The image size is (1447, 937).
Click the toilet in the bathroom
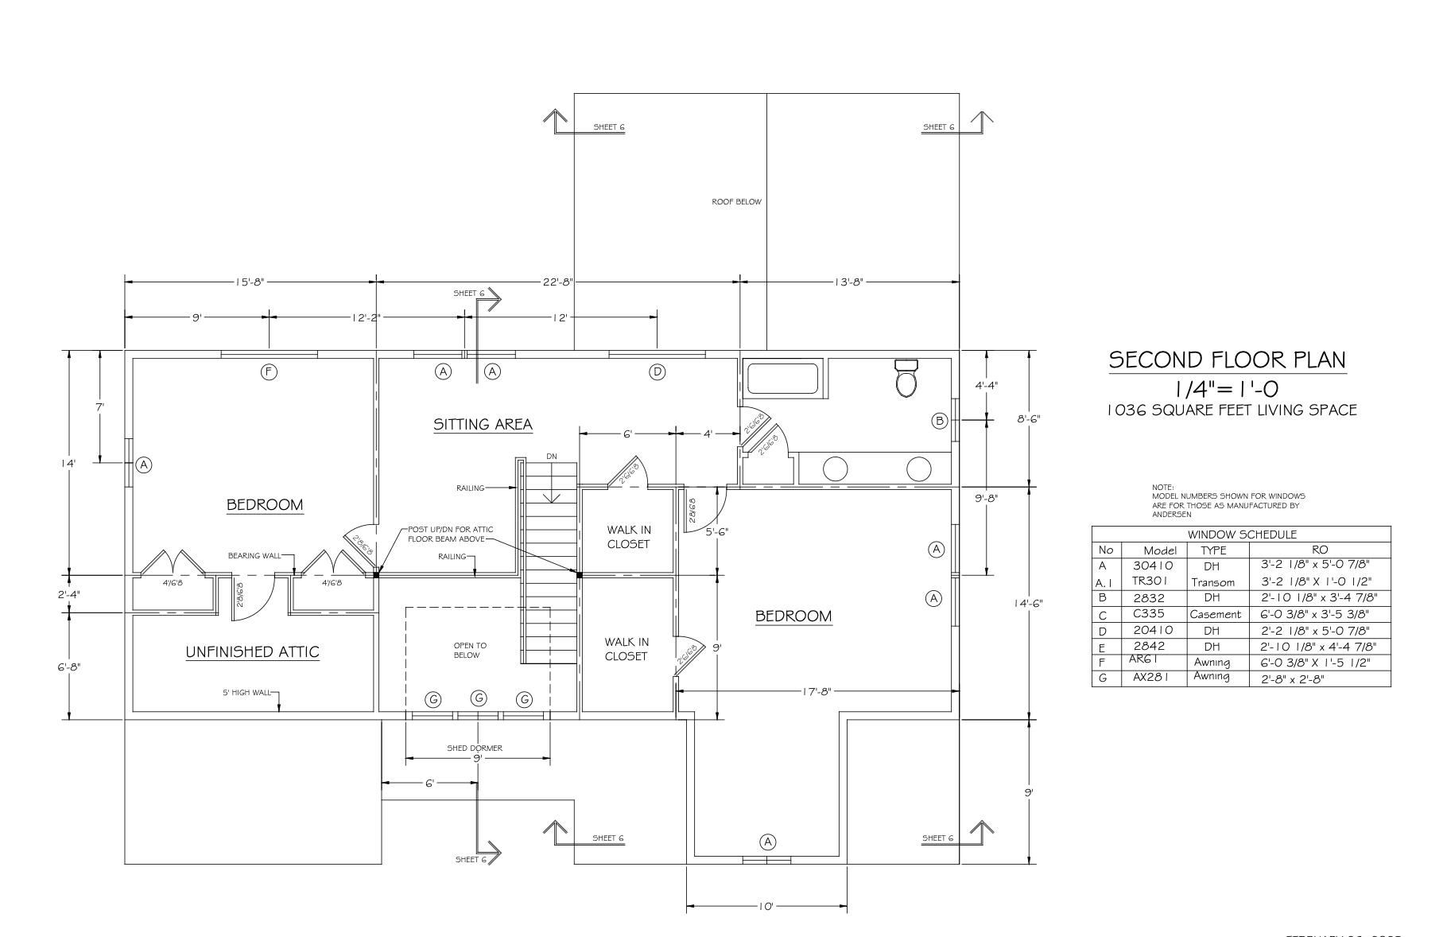906,379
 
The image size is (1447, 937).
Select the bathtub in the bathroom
784,379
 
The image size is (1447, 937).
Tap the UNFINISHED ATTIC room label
252,652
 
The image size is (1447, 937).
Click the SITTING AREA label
483,425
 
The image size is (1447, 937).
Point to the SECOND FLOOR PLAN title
1228,360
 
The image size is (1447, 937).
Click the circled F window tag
270,371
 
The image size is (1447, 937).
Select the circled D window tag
658,371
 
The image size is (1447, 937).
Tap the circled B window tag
940,421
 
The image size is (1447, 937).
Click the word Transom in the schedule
1212,582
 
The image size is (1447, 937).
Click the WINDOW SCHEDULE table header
1242,535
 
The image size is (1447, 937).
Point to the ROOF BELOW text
736,202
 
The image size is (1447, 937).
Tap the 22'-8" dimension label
557,282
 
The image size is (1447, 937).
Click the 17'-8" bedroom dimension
817,691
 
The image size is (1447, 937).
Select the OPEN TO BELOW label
470,651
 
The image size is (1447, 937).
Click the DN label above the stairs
552,457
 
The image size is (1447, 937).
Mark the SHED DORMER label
475,748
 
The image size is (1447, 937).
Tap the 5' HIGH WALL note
246,693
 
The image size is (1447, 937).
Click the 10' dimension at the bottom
766,906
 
